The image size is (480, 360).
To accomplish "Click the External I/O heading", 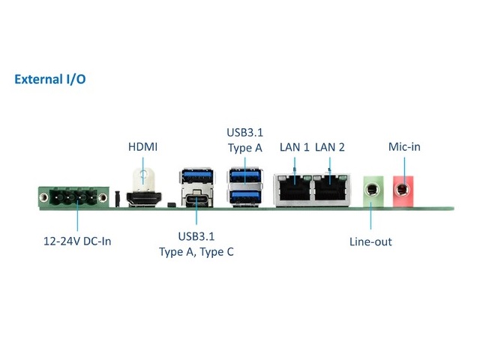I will tap(49, 79).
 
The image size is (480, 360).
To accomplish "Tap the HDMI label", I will tap(143, 146).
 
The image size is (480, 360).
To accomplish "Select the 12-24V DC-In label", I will tap(76, 241).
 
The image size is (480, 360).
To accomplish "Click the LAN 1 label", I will tap(294, 147).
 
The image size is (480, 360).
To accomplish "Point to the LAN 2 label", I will tap(330, 147).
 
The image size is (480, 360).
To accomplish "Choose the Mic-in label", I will tap(404, 147).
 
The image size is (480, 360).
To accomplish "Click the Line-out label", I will tap(370, 241).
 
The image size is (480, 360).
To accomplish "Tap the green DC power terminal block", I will tap(73, 199).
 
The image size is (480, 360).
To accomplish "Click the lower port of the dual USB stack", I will tap(245, 196).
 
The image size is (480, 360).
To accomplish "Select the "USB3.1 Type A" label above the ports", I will tap(244, 140).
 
